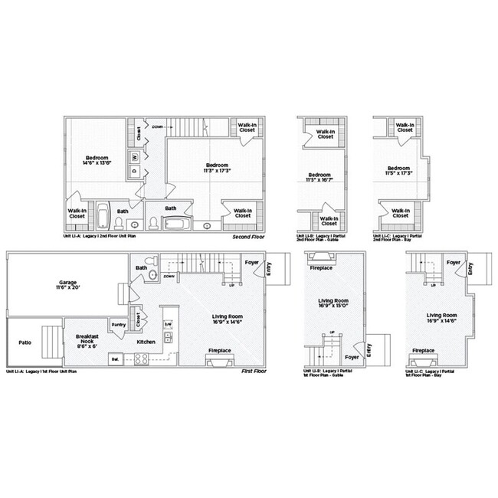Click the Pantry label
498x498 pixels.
point(119,325)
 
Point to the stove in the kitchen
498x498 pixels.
point(142,358)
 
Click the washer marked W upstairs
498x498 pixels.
point(135,157)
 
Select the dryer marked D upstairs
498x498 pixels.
point(135,171)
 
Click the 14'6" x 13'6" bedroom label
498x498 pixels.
point(96,162)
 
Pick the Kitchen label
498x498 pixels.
point(146,342)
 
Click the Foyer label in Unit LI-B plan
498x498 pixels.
point(350,357)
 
